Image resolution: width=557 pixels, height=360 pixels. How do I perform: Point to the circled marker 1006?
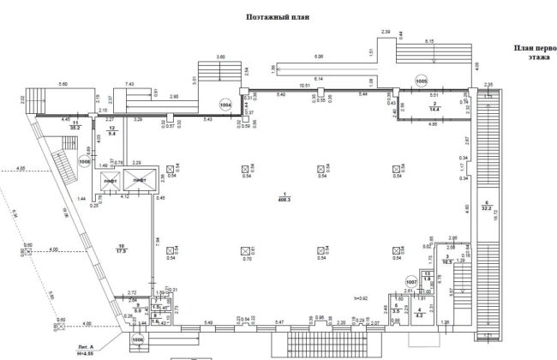click(x=137, y=339)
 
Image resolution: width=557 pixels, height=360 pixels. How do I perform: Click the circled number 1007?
click(x=410, y=281)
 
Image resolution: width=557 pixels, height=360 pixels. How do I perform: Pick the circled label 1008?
click(x=85, y=160)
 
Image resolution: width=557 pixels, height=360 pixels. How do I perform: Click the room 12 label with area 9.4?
click(x=111, y=132)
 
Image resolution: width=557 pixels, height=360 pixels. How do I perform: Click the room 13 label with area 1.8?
click(x=427, y=277)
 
